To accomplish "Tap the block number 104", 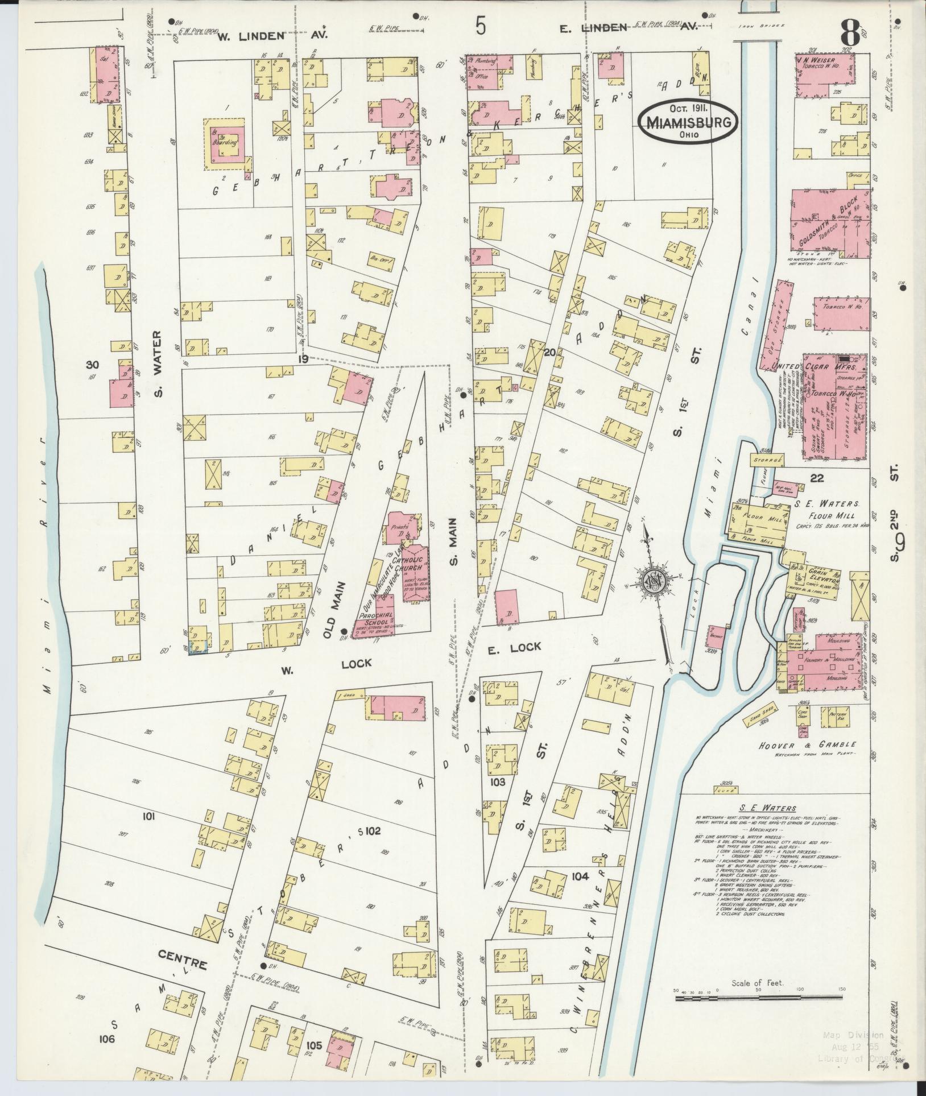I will (x=580, y=876).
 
